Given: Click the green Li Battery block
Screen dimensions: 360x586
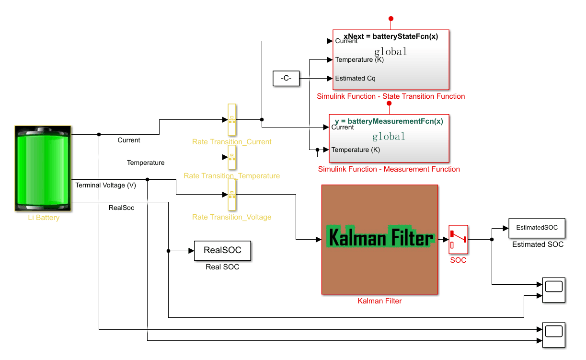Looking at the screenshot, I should (43, 168).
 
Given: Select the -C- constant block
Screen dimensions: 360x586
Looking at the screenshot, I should (286, 78).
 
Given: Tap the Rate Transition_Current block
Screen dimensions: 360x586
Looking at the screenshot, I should (232, 120).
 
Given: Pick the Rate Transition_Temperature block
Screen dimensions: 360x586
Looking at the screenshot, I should (232, 157).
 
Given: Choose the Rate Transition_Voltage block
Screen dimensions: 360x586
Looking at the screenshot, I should (232, 195).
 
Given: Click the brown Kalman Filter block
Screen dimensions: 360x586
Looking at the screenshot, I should (379, 239).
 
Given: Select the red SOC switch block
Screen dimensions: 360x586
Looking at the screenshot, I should (458, 239).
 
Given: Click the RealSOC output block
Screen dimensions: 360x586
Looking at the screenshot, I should (222, 250).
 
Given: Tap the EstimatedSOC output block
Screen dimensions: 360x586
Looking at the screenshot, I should (537, 228).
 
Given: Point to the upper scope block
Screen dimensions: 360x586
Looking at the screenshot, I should (553, 290).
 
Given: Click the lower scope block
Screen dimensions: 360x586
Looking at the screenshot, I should (553, 335).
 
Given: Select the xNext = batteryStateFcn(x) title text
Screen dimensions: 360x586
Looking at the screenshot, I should (391, 36).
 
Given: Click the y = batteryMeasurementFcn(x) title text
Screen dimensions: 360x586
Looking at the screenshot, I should (389, 121).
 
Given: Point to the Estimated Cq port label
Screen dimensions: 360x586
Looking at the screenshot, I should (355, 78).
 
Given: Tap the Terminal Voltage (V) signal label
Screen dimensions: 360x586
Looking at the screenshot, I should (105, 185).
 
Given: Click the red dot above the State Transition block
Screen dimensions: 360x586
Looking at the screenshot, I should (391, 19).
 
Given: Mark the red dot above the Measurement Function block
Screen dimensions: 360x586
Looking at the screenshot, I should (389, 103).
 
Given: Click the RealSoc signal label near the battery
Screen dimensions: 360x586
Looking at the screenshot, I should (122, 208).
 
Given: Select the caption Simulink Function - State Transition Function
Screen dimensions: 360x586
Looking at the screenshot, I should (391, 96).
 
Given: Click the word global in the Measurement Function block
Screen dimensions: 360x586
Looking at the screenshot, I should (389, 137).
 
